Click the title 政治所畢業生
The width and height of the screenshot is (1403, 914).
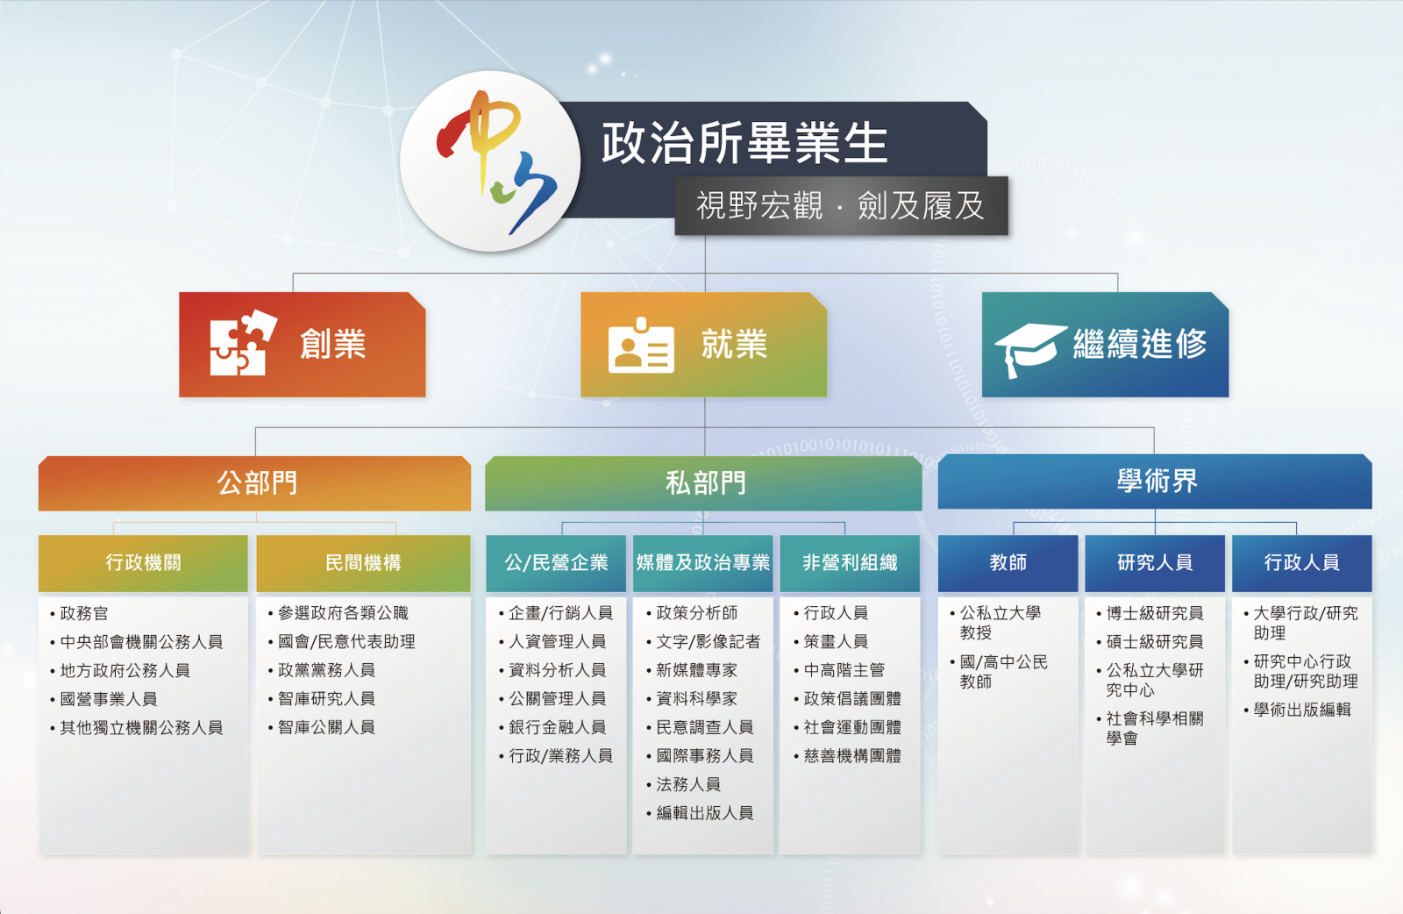coord(744,143)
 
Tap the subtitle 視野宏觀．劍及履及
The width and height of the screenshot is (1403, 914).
coord(841,205)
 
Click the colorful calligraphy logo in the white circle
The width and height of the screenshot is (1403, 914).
coord(495,161)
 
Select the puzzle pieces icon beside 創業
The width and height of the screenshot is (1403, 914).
coord(243,343)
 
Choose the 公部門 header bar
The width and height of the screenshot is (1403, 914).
coord(254,483)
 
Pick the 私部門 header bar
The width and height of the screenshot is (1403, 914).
coord(703,483)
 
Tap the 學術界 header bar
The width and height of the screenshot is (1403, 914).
coord(1155,481)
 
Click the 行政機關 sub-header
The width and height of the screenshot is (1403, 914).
coord(143,562)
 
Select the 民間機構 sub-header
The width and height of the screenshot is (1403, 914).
coord(363,562)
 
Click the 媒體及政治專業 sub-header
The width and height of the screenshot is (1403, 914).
coord(702,562)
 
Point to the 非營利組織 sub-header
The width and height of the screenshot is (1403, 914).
coord(850,562)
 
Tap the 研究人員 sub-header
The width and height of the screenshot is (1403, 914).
coord(1154,562)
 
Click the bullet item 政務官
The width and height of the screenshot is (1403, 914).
coord(80,613)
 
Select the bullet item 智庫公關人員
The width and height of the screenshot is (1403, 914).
coord(321,727)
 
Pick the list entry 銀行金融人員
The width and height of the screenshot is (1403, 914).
coord(552,727)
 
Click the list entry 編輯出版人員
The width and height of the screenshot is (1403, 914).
coord(701,813)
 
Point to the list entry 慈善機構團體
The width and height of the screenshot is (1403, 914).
coord(847,756)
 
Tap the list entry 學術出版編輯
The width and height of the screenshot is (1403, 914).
coord(1297,710)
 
